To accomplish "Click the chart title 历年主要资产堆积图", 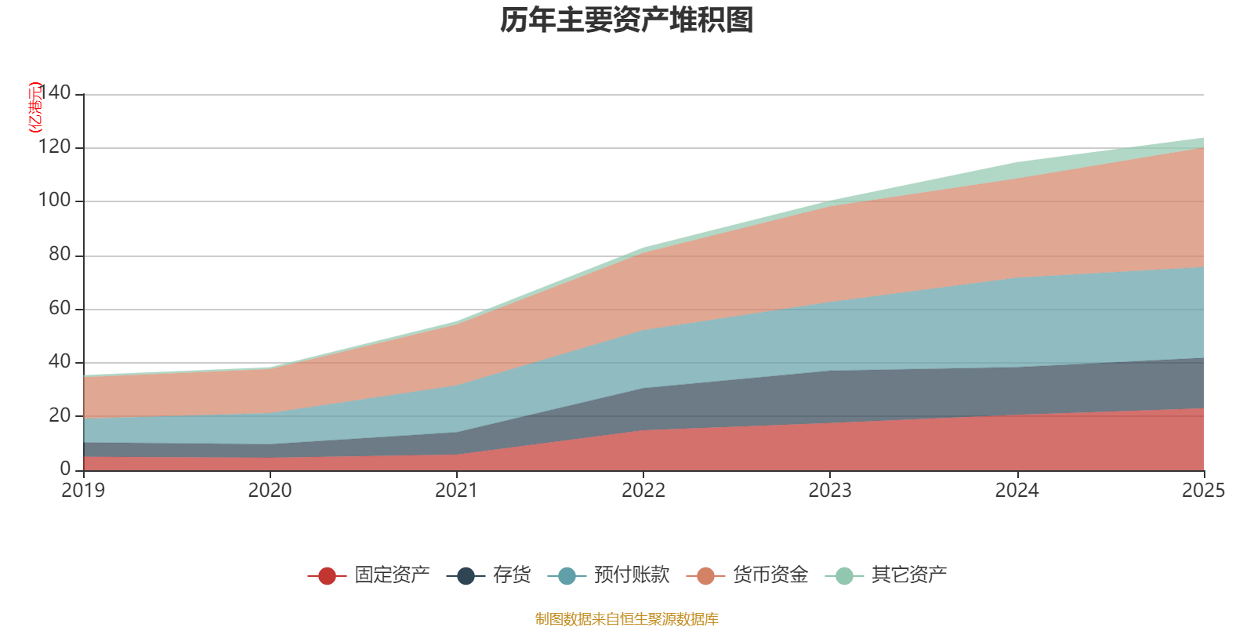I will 627,20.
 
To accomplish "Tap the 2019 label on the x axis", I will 84,491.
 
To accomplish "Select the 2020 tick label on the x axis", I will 270,491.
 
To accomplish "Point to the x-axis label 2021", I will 457,491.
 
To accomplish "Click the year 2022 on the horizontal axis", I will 643,491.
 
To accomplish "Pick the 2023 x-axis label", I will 830,491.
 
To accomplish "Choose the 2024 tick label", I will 1017,491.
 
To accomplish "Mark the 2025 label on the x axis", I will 1203,491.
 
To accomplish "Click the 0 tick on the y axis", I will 65,469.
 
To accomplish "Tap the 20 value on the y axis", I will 60,415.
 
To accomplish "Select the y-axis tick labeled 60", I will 60,308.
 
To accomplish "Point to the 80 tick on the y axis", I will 60,254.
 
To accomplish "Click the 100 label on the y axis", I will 54,201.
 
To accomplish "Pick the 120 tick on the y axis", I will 54,147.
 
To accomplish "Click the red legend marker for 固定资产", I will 327,576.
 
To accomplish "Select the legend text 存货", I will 512,575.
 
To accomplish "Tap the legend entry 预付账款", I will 632,575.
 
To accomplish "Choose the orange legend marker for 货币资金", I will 705,576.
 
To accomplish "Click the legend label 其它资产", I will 909,575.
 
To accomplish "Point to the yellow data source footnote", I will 627,619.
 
